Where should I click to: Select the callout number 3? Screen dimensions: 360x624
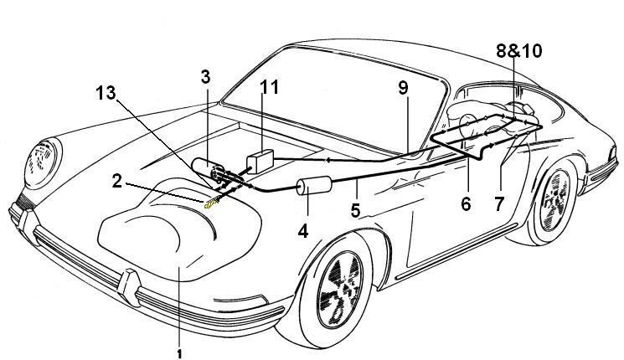205,78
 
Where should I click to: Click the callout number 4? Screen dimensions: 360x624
303,229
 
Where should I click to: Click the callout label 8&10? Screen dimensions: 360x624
518,51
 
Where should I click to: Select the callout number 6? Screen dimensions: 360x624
465,203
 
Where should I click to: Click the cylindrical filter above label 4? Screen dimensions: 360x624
312,190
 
